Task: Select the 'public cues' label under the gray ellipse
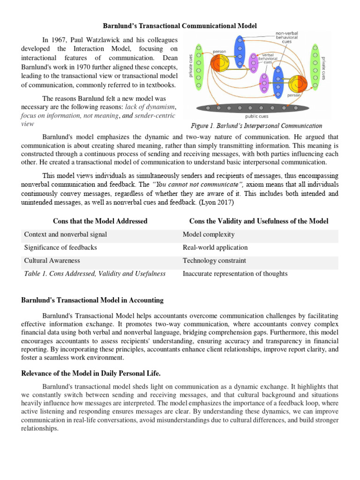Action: pos(257,116)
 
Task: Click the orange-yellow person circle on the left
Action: pos(219,63)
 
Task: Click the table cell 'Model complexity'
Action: pos(209,234)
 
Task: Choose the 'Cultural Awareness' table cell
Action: pos(52,261)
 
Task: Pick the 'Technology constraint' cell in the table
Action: pos(214,261)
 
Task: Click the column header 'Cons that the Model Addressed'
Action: pos(100,221)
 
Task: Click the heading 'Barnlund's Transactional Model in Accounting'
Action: pos(92,300)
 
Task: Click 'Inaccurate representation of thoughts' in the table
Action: pos(235,274)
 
